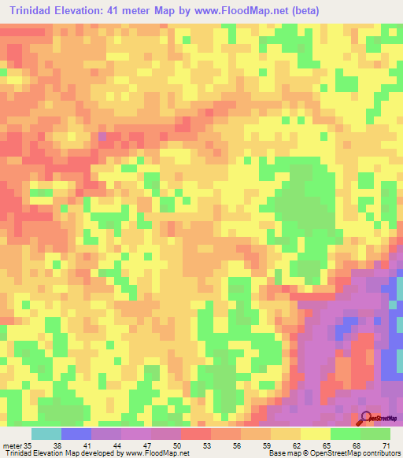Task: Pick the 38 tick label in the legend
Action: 57,445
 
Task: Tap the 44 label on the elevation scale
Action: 117,445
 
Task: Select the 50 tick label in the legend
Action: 177,445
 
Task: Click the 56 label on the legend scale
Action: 237,445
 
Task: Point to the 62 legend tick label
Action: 297,445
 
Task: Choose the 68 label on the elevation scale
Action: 357,445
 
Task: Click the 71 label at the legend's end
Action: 385,445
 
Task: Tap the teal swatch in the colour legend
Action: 46,434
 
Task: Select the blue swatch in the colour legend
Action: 76,434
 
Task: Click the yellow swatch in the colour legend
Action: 315,434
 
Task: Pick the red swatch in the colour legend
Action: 195,434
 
